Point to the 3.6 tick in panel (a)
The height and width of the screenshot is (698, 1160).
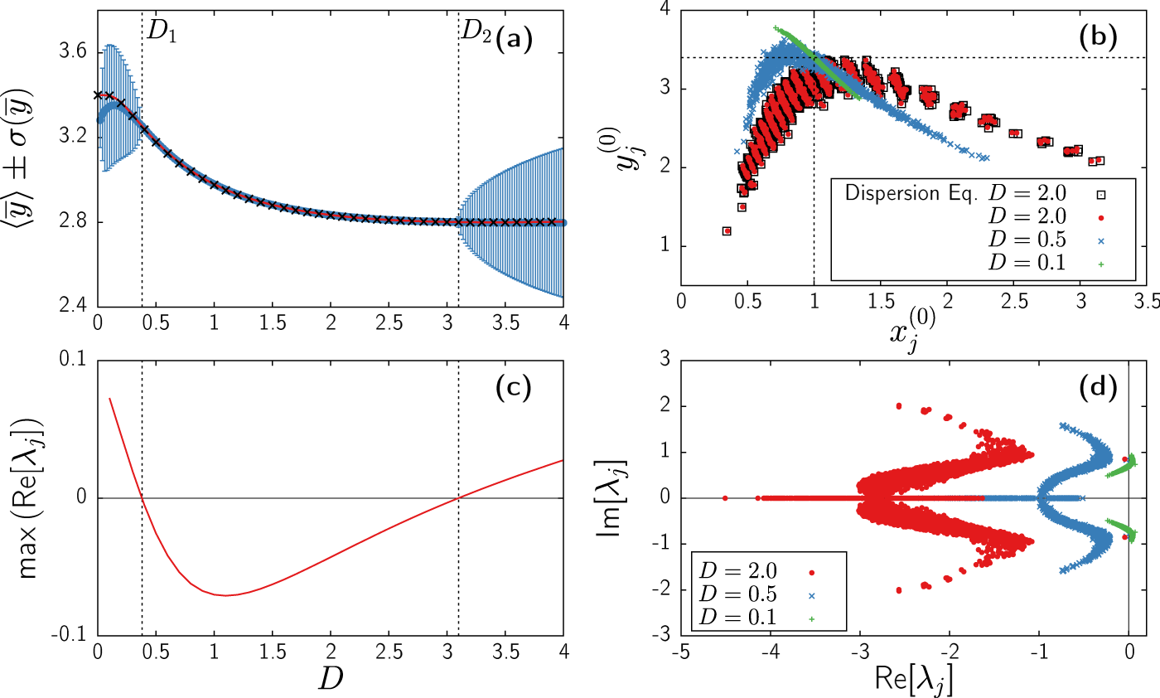[76, 52]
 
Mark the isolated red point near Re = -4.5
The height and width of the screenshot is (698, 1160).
[725, 498]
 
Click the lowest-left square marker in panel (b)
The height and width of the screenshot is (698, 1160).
[727, 230]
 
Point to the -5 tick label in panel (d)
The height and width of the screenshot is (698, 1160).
[680, 652]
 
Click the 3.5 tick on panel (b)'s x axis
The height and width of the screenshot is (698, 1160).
[1146, 303]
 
